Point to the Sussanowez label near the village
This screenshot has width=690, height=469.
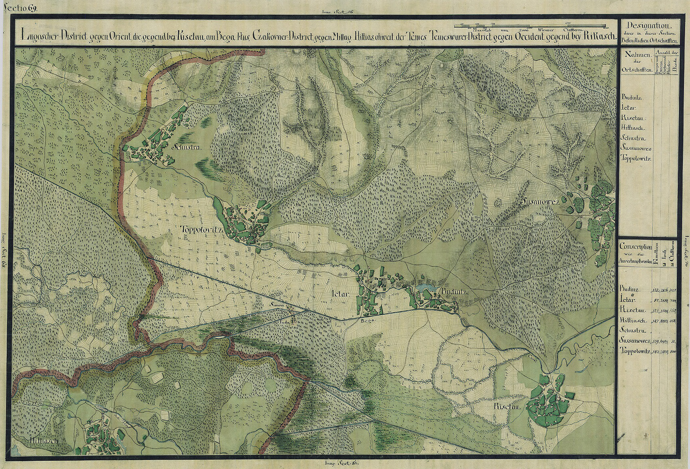[540, 201]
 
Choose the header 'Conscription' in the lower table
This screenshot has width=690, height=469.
[636, 246]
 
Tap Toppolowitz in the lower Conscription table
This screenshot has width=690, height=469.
[636, 352]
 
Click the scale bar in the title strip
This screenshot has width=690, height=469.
[530, 26]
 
